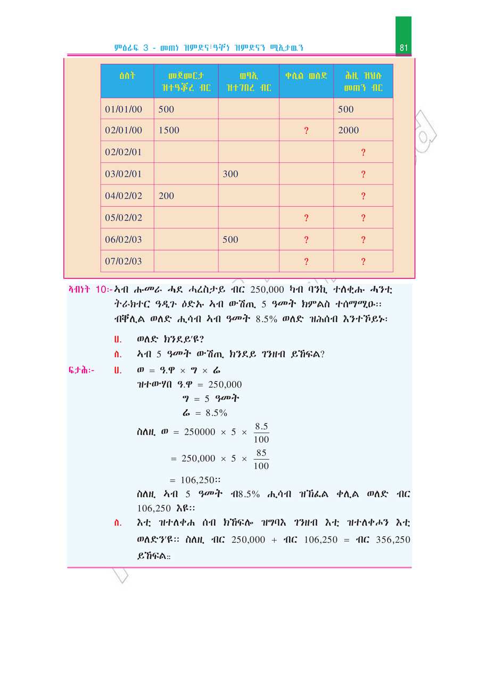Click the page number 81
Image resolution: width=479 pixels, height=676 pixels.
click(403, 48)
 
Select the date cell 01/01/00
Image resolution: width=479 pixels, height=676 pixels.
click(123, 109)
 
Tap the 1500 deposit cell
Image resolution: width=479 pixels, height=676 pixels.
click(169, 130)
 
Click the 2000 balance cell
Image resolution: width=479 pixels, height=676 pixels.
click(349, 130)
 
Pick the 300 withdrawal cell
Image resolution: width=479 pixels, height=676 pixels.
click(230, 174)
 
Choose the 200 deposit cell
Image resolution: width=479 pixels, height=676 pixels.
click(166, 196)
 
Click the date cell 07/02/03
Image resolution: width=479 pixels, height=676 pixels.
click(123, 261)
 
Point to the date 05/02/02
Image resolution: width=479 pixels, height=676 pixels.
click(123, 217)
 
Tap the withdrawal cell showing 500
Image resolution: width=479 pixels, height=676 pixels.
click(230, 240)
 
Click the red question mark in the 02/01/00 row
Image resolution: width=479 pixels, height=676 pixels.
click(306, 131)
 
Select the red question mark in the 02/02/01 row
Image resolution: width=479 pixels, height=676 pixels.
click(363, 153)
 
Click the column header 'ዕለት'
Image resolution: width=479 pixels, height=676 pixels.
click(127, 75)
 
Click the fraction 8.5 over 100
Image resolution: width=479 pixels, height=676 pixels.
click(261, 433)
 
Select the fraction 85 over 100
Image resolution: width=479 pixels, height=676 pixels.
click(261, 459)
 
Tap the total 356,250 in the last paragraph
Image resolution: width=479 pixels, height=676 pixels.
click(393, 539)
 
